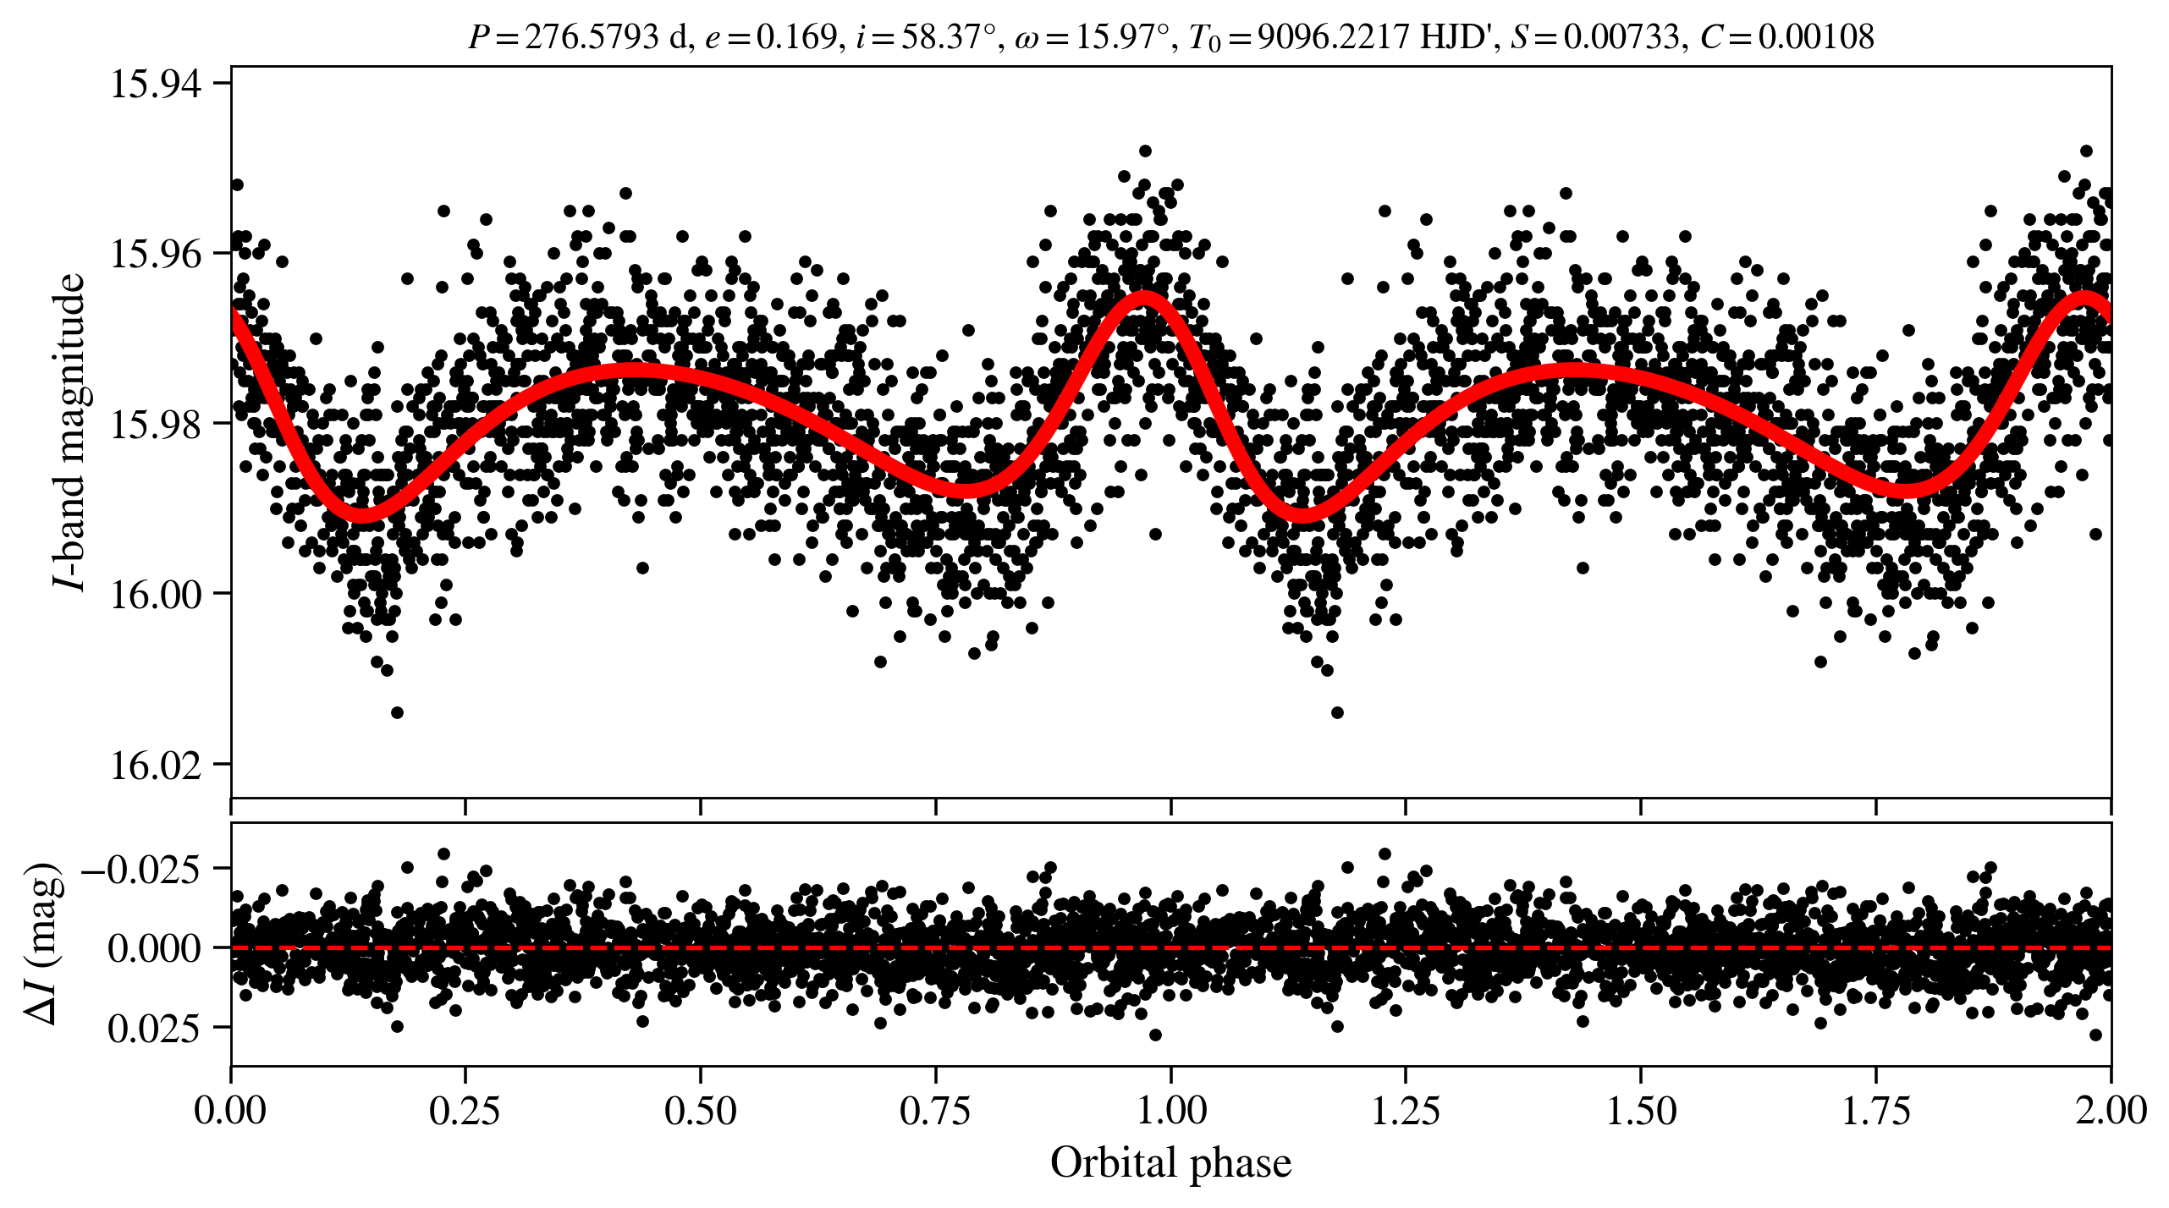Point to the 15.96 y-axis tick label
(x=157, y=253)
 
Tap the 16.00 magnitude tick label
(x=157, y=594)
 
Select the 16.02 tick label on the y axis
(x=157, y=765)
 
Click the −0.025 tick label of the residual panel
(x=141, y=869)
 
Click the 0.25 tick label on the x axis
(x=465, y=1110)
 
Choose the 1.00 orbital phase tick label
(x=1170, y=1110)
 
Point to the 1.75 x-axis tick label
(x=1876, y=1110)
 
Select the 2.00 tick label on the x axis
(x=2111, y=1110)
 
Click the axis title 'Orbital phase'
(x=1170, y=1162)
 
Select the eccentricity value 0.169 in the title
(x=795, y=36)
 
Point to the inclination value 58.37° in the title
(x=948, y=36)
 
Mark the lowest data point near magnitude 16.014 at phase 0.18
(x=397, y=712)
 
